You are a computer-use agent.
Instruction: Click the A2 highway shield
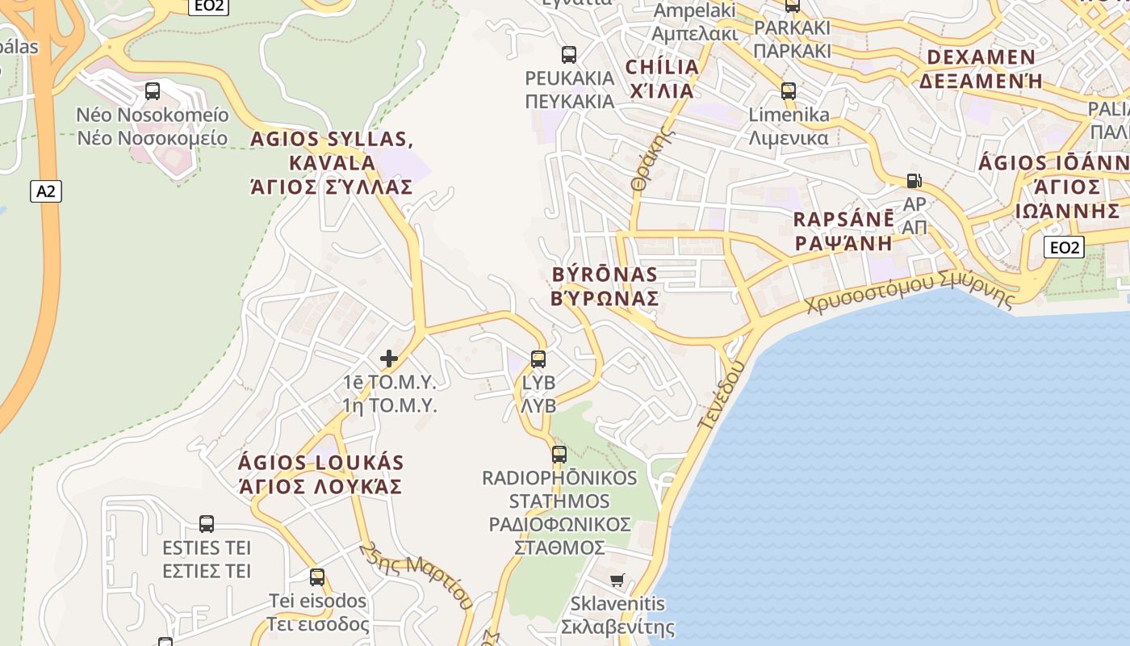(x=47, y=191)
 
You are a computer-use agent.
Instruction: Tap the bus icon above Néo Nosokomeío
(x=153, y=91)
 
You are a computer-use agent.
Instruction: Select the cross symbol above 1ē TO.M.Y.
(x=389, y=358)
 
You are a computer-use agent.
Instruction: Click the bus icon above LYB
(x=538, y=359)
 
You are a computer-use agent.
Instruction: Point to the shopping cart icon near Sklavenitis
(x=617, y=580)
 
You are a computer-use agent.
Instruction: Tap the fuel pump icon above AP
(x=914, y=180)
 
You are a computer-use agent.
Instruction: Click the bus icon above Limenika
(x=789, y=91)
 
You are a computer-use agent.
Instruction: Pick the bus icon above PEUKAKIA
(x=569, y=55)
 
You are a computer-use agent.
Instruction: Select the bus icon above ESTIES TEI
(x=207, y=524)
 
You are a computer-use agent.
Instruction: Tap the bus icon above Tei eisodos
(x=317, y=577)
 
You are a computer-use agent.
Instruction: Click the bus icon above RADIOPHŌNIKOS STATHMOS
(x=559, y=455)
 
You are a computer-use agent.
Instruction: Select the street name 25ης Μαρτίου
(x=416, y=576)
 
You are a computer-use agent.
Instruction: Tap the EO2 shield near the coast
(x=1063, y=247)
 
